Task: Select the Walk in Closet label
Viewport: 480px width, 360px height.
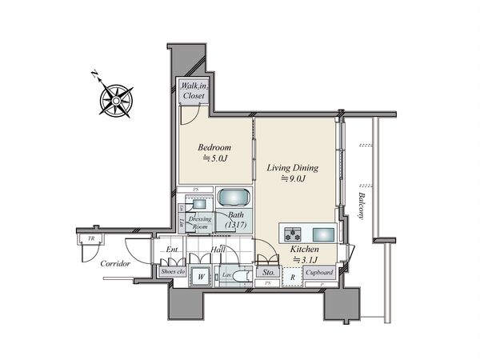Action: (x=193, y=90)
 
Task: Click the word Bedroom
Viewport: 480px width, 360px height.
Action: (x=214, y=148)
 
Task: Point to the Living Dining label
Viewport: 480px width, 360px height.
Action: (x=293, y=168)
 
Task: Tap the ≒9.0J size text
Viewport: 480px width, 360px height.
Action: (x=293, y=181)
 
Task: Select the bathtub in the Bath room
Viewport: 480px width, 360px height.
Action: (x=234, y=198)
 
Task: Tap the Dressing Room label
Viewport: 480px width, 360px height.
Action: (x=199, y=222)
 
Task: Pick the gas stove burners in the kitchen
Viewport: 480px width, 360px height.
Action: (x=292, y=234)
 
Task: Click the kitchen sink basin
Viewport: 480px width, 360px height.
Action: (x=323, y=234)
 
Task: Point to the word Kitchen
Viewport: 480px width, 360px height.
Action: (x=305, y=250)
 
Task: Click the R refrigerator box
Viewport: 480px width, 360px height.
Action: (x=293, y=277)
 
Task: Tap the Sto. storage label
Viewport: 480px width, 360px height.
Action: (x=268, y=273)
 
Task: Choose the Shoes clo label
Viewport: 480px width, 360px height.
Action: (x=173, y=272)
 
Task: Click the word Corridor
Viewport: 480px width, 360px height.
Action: (x=115, y=263)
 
